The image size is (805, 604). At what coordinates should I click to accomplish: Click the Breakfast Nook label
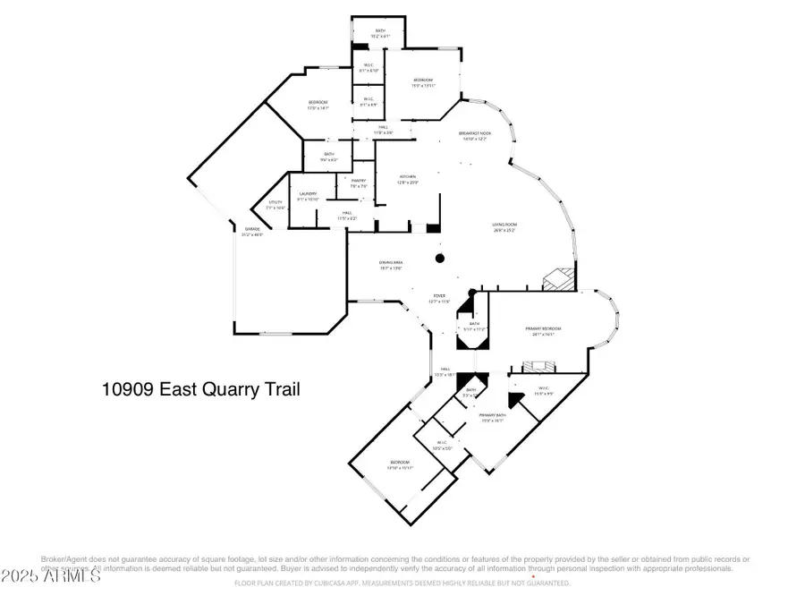[x=474, y=133]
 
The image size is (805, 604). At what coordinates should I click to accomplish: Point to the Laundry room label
[x=309, y=193]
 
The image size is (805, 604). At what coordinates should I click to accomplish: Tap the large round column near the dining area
[x=439, y=259]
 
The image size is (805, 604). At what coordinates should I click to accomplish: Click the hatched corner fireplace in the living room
[x=557, y=278]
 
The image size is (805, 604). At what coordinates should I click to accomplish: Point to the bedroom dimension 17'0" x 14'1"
[x=318, y=107]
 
